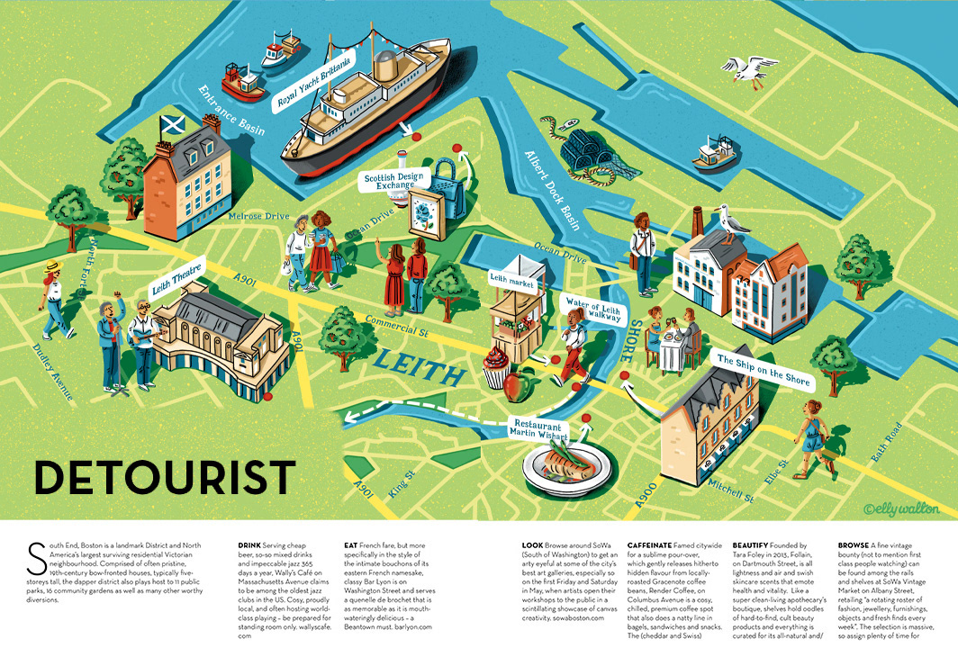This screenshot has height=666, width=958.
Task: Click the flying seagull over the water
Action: coord(748,69)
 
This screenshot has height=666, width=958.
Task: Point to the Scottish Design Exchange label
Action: coord(393,183)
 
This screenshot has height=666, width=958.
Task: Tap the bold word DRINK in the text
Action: coord(249,545)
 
